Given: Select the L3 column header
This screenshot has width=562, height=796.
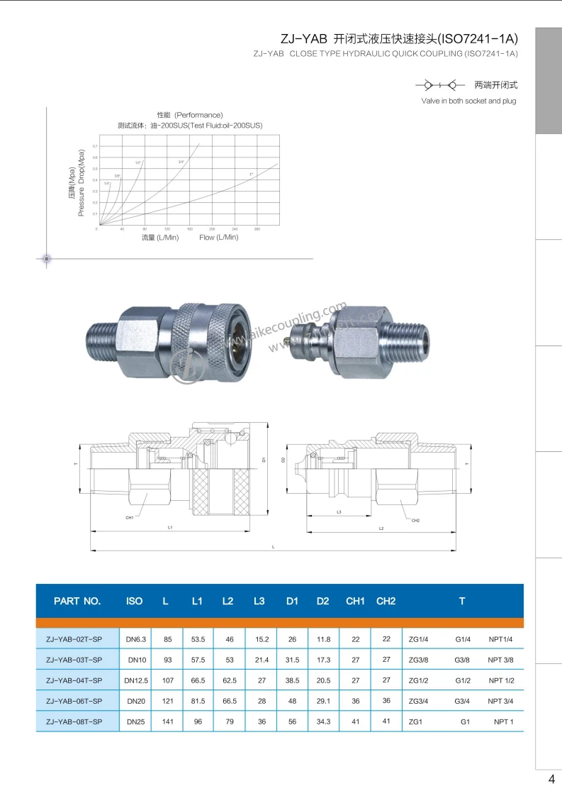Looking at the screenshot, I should tap(259, 601).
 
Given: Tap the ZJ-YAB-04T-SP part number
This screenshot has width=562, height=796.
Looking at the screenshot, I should tap(74, 680).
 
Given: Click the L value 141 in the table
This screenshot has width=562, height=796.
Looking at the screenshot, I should tap(167, 722).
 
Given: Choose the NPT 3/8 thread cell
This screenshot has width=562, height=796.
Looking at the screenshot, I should tap(500, 660).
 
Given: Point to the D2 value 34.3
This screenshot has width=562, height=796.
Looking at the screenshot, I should tap(323, 722).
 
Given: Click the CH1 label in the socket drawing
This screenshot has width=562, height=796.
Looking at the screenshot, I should tap(130, 518).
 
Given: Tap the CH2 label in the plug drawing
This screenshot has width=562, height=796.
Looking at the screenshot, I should tap(416, 521).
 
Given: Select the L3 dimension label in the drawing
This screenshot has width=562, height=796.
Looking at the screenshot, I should tap(339, 512).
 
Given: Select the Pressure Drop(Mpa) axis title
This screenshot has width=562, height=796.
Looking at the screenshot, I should tap(82, 182).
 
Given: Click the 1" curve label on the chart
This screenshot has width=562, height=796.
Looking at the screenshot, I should tap(251, 174).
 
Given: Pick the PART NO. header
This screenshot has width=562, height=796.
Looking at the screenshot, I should tap(77, 601).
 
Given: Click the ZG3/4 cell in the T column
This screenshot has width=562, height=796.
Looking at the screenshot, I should tap(418, 701).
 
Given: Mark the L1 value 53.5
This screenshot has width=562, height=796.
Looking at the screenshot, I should tap(198, 639).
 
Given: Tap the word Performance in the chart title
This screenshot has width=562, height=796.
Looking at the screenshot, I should tap(199, 115).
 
